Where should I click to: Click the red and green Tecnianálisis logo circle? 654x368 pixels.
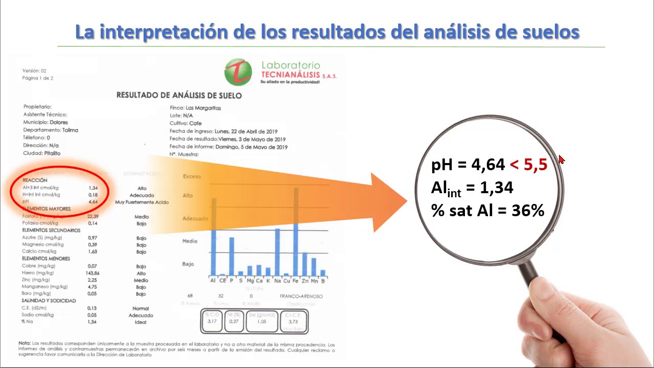tap(238, 72)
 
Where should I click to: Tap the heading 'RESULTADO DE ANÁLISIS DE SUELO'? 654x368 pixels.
tap(179, 95)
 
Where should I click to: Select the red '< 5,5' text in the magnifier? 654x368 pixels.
tap(528, 165)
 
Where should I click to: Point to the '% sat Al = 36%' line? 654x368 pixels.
tap(487, 210)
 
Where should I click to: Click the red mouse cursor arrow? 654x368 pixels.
tap(562, 160)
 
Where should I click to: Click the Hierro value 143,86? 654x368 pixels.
tap(92, 273)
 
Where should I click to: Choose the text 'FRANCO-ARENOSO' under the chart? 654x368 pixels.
tap(301, 296)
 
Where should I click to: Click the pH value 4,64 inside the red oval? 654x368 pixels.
tap(93, 202)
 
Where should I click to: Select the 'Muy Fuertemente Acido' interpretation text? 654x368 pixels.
tap(142, 202)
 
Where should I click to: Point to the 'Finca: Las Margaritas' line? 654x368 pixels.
tap(195, 108)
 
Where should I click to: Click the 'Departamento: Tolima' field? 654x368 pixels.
tap(51, 130)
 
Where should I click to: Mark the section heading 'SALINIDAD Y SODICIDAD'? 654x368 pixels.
tap(49, 301)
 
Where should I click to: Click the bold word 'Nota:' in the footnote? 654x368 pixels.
tap(25, 343)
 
